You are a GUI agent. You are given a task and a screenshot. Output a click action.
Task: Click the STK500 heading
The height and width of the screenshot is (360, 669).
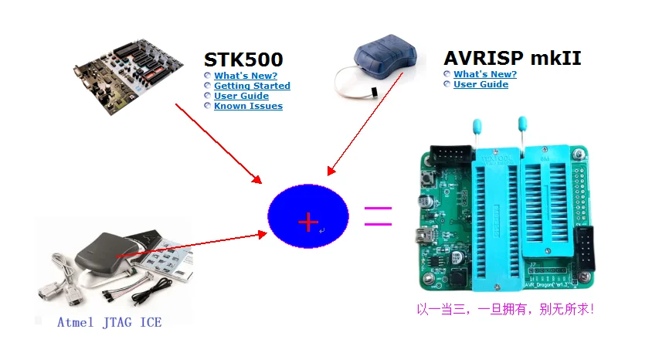click(x=243, y=59)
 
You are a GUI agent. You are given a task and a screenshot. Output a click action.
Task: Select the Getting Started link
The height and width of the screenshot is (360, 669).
click(x=252, y=86)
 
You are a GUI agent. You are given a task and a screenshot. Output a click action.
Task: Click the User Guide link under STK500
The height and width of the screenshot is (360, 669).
click(x=241, y=96)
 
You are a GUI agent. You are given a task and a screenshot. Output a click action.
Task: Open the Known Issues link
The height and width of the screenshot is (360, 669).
click(x=248, y=106)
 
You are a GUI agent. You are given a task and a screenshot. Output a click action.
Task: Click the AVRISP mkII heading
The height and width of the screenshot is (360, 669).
click(x=512, y=58)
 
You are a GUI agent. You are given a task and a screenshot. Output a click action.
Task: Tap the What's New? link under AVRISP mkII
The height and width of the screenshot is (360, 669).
click(x=485, y=74)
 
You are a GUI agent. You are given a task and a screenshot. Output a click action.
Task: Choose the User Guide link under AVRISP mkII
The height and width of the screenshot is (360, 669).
click(x=481, y=84)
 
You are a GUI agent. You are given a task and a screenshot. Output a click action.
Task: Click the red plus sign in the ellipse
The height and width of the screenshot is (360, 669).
click(x=307, y=222)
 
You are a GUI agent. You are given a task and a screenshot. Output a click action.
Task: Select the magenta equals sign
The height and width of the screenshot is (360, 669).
click(x=378, y=216)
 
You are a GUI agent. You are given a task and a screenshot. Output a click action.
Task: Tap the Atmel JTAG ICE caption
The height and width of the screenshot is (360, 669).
click(x=109, y=322)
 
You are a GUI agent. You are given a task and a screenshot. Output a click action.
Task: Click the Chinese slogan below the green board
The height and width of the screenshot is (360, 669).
click(x=505, y=309)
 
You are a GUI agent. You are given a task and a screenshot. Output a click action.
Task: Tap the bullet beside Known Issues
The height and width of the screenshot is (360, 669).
click(x=208, y=106)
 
